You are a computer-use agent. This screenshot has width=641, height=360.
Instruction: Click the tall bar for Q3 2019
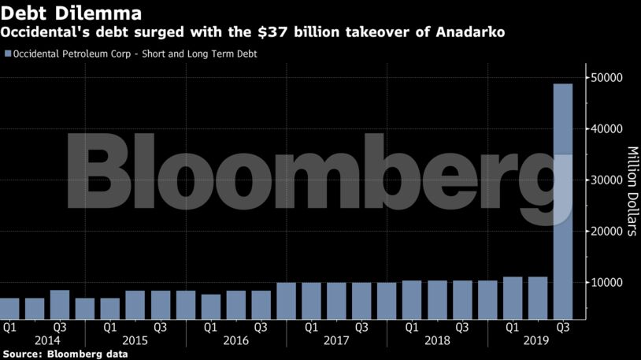[562, 197]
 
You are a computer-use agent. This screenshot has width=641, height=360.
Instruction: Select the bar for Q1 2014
[9, 306]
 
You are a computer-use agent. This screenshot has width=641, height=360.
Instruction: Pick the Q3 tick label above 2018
[461, 325]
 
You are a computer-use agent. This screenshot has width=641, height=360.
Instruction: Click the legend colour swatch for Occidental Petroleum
[8, 54]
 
